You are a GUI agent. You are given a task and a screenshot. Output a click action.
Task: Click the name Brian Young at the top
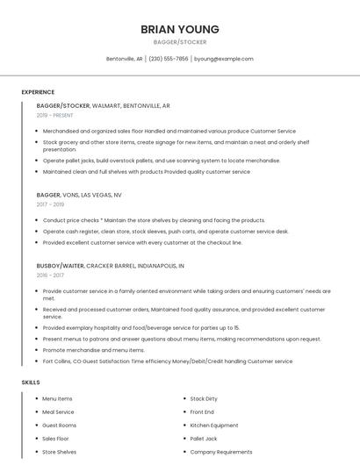coord(179,29)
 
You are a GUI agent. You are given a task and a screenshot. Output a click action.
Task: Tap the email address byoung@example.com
coord(223,59)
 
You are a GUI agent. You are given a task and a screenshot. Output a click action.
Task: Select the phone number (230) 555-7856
coord(168,59)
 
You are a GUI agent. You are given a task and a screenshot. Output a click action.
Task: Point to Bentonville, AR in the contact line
coord(124,59)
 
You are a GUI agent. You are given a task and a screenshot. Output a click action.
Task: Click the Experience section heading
coord(38,92)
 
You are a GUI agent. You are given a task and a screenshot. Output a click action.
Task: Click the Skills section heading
coord(31,383)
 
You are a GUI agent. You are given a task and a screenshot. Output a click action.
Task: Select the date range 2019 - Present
coord(55,115)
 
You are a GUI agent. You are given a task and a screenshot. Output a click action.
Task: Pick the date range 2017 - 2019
coord(50,204)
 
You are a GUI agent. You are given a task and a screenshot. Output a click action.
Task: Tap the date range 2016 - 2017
coord(50,275)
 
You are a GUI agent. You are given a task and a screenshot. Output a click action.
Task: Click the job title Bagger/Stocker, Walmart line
coord(103,105)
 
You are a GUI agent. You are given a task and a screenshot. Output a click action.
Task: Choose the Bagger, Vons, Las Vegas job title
coord(79,195)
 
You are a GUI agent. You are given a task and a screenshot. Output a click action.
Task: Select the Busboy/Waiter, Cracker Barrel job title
coord(110,265)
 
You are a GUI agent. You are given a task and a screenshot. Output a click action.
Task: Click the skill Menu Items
coord(57,398)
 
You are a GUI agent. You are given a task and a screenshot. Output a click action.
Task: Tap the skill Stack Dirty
coord(204,398)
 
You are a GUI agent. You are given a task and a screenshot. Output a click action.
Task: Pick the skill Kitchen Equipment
coord(213,425)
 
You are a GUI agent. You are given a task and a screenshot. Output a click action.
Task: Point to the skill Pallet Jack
coord(204,439)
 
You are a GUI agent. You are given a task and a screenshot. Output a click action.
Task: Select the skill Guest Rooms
coord(59,425)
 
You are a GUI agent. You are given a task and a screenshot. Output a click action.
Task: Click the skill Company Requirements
coord(221,452)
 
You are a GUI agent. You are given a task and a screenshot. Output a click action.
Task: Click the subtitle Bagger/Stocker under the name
coord(179,42)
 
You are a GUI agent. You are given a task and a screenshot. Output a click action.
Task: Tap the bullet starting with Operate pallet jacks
coord(162,161)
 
